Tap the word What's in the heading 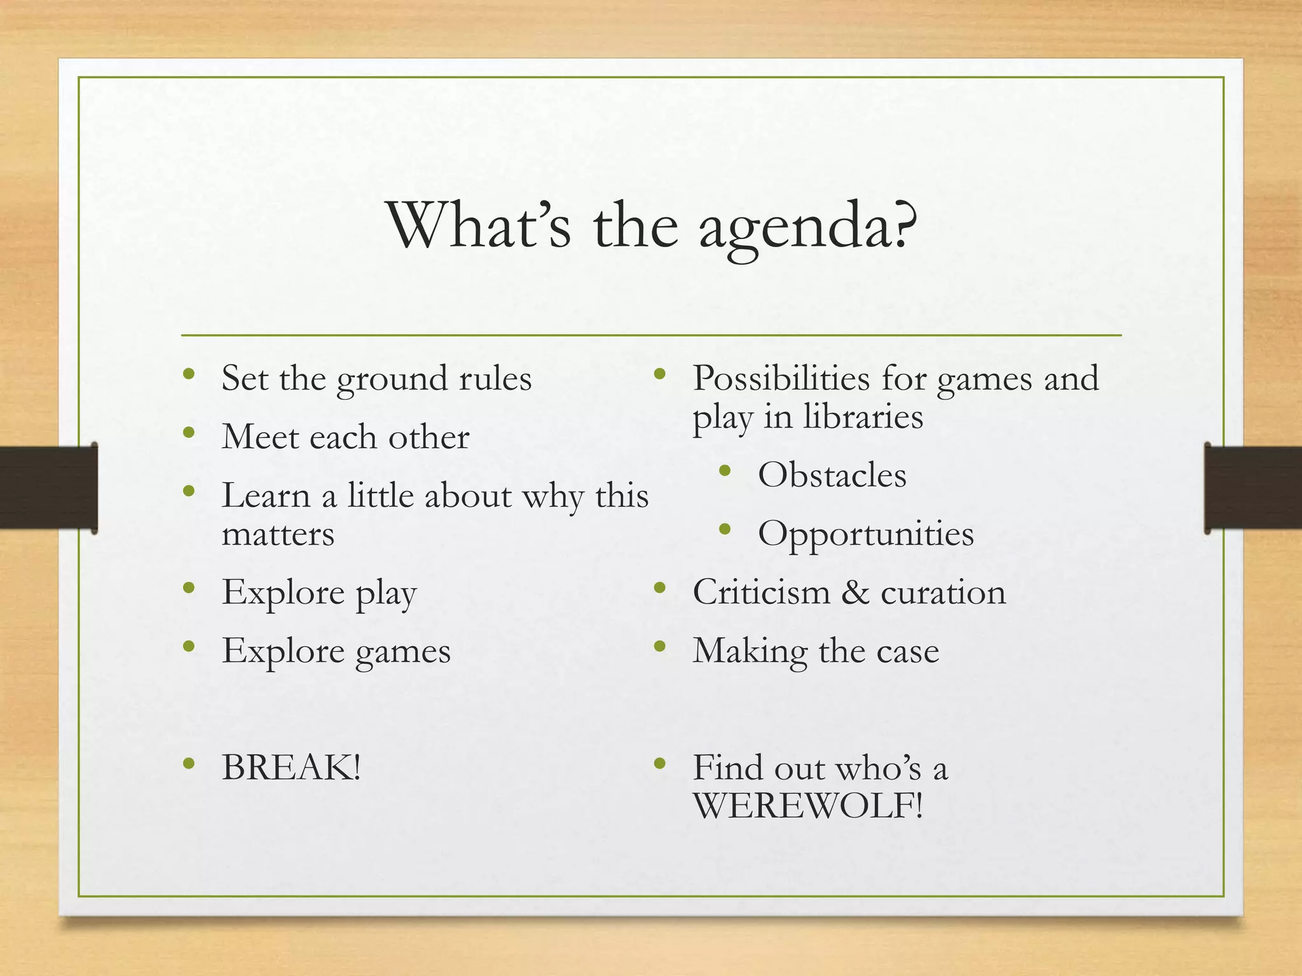(480, 226)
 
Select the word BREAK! (291, 767)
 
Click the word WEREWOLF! (807, 806)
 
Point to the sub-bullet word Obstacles (832, 475)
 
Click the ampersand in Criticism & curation (855, 592)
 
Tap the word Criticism (762, 592)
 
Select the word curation (943, 592)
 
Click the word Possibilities (781, 379)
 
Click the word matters (278, 534)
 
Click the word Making (750, 651)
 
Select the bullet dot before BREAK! (188, 763)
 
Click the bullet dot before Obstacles (725, 471)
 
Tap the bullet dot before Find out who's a (660, 763)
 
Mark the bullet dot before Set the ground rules (188, 374)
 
